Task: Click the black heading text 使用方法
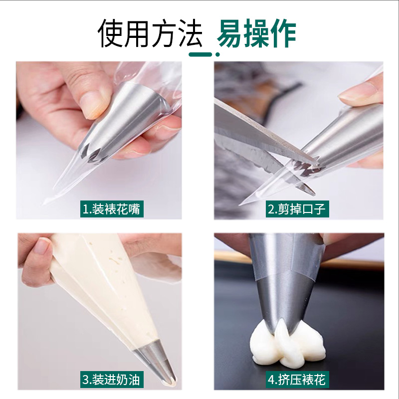point(150,33)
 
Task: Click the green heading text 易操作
point(256,33)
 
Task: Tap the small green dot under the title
point(217,54)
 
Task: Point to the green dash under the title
point(200,54)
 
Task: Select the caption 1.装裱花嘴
point(112,209)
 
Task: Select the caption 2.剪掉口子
point(297,209)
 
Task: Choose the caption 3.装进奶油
point(112,380)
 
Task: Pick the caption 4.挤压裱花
point(297,380)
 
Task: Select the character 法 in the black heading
point(189,33)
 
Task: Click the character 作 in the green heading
point(283,33)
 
